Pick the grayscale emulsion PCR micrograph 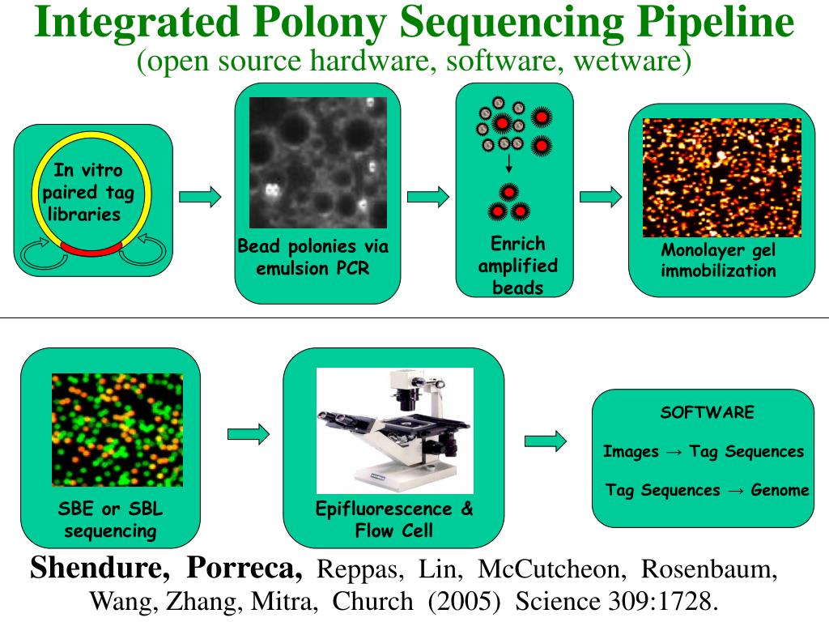[318, 163]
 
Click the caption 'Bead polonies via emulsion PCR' [313, 257]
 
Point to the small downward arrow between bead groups [508, 166]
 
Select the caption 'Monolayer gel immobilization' [718, 260]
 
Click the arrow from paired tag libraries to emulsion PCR [199, 196]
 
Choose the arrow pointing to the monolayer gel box [601, 197]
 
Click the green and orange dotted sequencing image [117, 429]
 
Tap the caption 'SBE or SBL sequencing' [110, 521]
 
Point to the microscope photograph [394, 430]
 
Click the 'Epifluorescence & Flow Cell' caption [394, 520]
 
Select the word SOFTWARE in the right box [707, 412]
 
